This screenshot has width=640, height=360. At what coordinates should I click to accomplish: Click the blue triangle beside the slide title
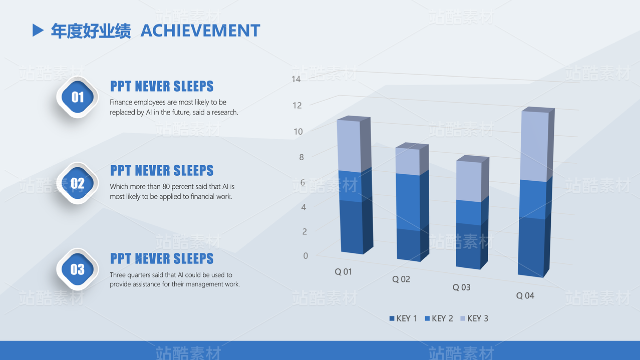[x=38, y=30]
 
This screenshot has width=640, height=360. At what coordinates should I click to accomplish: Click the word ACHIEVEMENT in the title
[x=200, y=31]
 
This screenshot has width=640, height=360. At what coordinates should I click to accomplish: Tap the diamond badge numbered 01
[x=78, y=97]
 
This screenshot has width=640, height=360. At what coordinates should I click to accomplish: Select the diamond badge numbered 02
[x=78, y=183]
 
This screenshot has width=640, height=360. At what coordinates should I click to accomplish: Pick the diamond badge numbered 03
[x=78, y=269]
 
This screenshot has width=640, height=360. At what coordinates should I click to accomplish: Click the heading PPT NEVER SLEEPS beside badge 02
[x=162, y=171]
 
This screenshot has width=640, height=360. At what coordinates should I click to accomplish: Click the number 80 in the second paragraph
[x=166, y=187]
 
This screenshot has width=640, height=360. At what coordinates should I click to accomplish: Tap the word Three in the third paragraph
[x=117, y=275]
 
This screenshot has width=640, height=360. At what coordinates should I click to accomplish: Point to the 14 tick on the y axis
[x=296, y=79]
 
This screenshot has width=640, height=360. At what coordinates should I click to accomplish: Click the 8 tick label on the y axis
[x=301, y=157]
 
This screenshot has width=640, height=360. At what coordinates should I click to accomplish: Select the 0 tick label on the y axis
[x=305, y=256]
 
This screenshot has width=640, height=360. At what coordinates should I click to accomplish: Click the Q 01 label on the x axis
[x=343, y=272]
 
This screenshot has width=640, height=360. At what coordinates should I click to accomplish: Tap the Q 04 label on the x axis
[x=525, y=295]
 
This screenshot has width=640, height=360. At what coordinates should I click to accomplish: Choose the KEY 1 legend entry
[x=403, y=318]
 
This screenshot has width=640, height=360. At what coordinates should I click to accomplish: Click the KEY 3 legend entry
[x=474, y=318]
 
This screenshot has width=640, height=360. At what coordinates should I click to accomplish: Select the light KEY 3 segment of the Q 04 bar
[x=534, y=146]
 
